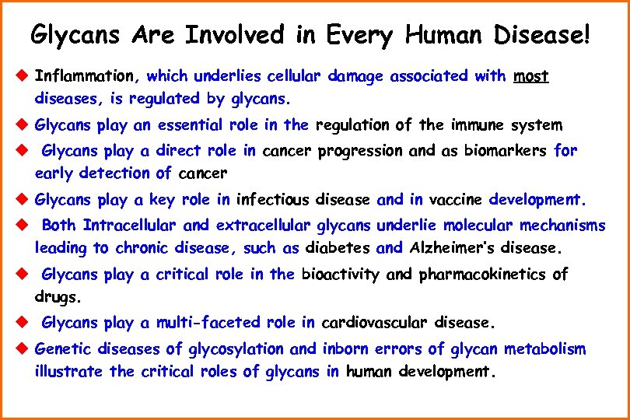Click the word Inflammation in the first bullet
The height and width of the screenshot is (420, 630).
click(85, 76)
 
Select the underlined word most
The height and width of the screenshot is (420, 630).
click(531, 76)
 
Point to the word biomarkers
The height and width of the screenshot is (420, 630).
click(506, 151)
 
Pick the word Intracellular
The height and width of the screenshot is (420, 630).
click(131, 226)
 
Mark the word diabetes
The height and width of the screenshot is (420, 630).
click(338, 249)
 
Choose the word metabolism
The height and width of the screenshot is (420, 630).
click(545, 348)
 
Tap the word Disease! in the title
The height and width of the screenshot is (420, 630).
click(542, 35)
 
